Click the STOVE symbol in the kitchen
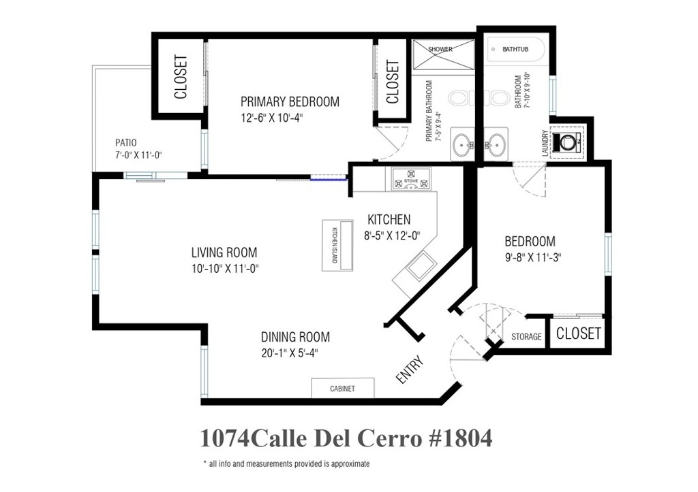[411, 179]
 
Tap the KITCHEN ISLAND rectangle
[337, 245]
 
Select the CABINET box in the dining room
[342, 388]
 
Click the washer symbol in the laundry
[567, 142]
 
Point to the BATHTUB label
[515, 49]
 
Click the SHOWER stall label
[440, 49]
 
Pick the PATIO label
[126, 143]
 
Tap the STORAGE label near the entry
[526, 337]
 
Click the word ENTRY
[410, 370]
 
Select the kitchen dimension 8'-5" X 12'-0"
[392, 236]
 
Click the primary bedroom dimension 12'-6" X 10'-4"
[272, 118]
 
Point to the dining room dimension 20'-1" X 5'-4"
[289, 353]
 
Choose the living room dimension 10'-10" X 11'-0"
[225, 268]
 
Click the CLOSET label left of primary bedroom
[181, 77]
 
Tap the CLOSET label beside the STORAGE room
[578, 333]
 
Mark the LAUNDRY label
[545, 143]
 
